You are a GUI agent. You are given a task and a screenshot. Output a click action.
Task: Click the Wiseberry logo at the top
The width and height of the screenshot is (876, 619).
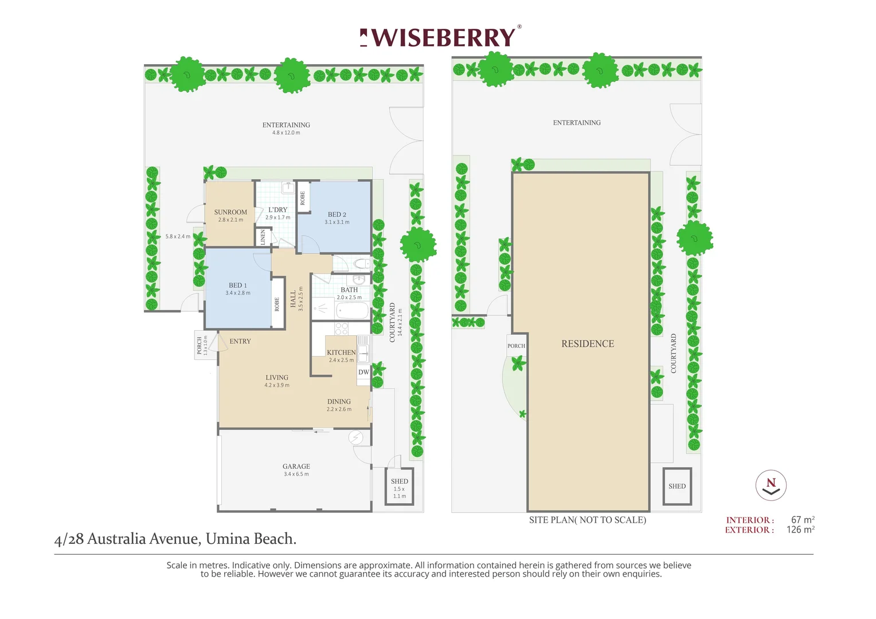pyautogui.click(x=440, y=38)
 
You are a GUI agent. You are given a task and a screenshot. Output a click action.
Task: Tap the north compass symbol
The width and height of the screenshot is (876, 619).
pyautogui.click(x=771, y=485)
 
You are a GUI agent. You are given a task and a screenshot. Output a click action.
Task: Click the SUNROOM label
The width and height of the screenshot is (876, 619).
pyautogui.click(x=230, y=212)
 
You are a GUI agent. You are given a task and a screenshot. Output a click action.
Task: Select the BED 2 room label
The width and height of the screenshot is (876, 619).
pyautogui.click(x=337, y=214)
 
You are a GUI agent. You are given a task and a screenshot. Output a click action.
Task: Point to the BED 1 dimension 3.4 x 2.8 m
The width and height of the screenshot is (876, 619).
pyautogui.click(x=237, y=293)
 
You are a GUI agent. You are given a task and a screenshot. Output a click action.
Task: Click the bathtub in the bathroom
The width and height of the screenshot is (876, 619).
pyautogui.click(x=352, y=311)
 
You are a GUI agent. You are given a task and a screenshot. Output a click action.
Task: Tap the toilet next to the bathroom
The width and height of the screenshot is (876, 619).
pyautogui.click(x=361, y=264)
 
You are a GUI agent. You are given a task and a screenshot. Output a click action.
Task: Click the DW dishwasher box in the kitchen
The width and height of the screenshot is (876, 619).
pyautogui.click(x=363, y=372)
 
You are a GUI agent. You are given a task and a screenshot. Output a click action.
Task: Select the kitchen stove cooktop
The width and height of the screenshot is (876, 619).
pyautogui.click(x=342, y=328)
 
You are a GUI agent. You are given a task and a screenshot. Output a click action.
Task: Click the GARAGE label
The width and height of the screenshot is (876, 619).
pyautogui.click(x=296, y=467)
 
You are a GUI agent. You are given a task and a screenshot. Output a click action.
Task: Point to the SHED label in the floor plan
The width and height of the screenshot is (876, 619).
pyautogui.click(x=400, y=481)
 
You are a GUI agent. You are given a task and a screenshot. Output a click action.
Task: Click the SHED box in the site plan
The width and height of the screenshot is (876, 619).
pyautogui.click(x=677, y=486)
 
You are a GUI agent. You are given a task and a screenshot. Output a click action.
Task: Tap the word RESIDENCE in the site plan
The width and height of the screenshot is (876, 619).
pyautogui.click(x=588, y=344)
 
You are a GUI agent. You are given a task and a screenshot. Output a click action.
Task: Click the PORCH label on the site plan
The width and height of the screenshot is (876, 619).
pyautogui.click(x=516, y=346)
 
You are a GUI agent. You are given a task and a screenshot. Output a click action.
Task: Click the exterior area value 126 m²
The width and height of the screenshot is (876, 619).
pyautogui.click(x=800, y=530)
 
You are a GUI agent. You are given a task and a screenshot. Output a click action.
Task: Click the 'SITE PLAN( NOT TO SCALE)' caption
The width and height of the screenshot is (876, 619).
pyautogui.click(x=587, y=520)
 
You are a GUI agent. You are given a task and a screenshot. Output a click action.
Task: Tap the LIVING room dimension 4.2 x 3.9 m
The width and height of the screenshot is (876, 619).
pyautogui.click(x=277, y=385)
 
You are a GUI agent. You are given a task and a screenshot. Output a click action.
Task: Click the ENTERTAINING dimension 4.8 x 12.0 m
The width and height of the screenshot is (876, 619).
pyautogui.click(x=286, y=133)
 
